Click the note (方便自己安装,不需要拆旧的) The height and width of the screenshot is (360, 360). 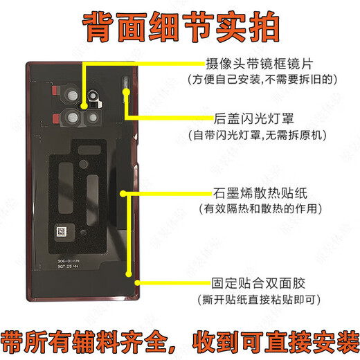point(266,80)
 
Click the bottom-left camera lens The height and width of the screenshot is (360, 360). point(75,116)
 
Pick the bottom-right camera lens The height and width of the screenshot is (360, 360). point(96,117)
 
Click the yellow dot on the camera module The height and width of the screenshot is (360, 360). point(86,105)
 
